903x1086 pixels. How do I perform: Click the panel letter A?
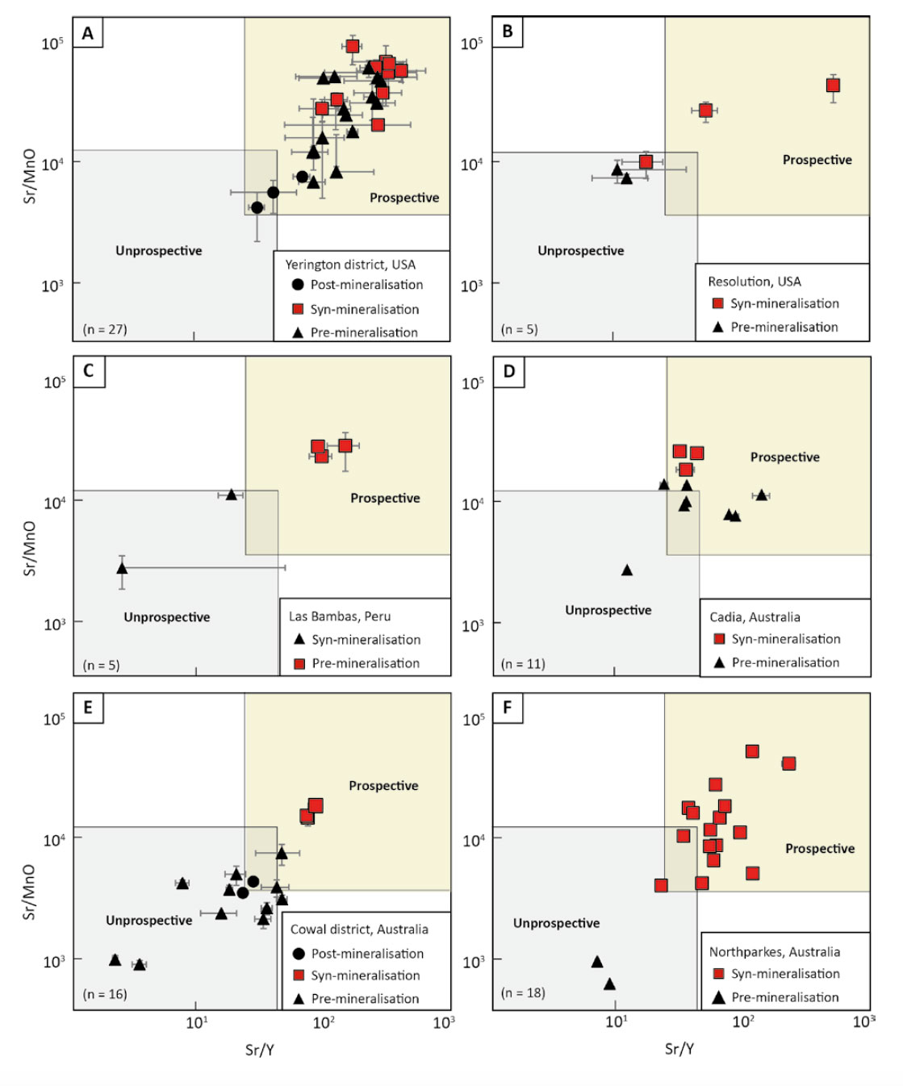(88, 33)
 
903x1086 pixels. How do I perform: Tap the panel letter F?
(507, 708)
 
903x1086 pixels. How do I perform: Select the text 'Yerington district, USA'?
(350, 265)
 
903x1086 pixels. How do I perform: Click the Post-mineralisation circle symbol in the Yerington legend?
(298, 285)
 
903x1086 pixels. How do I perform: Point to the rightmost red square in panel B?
(833, 86)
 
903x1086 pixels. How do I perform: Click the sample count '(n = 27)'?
(105, 329)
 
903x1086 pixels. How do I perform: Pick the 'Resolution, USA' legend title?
(754, 282)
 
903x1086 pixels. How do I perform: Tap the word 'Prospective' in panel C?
(385, 499)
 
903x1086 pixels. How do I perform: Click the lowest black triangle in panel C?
(122, 568)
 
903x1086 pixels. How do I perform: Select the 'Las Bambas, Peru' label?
(340, 616)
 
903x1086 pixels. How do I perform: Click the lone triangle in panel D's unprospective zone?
(627, 570)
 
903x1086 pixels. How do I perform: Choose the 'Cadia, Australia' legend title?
(755, 617)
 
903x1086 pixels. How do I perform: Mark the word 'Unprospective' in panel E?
(149, 921)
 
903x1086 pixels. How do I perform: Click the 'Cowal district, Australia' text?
(359, 929)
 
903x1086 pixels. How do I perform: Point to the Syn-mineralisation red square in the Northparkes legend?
(718, 974)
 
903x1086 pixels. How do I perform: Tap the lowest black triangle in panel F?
(609, 984)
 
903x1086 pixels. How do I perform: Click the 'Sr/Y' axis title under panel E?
(260, 1050)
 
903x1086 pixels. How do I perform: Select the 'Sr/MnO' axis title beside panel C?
(29, 549)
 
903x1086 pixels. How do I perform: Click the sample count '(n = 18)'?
(523, 993)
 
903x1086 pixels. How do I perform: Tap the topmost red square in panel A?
(353, 47)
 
